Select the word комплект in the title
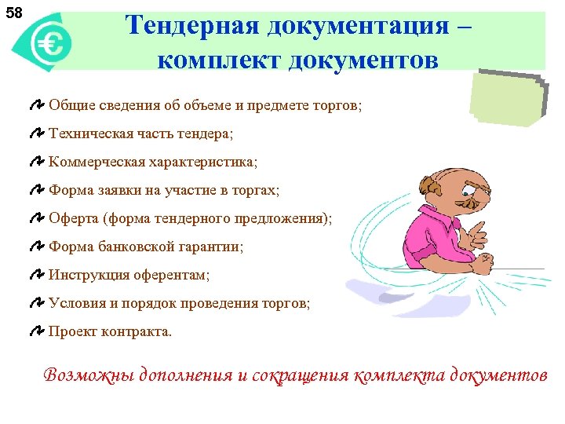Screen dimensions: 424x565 tap(206, 60)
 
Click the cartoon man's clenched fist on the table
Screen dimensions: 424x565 tap(480, 268)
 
